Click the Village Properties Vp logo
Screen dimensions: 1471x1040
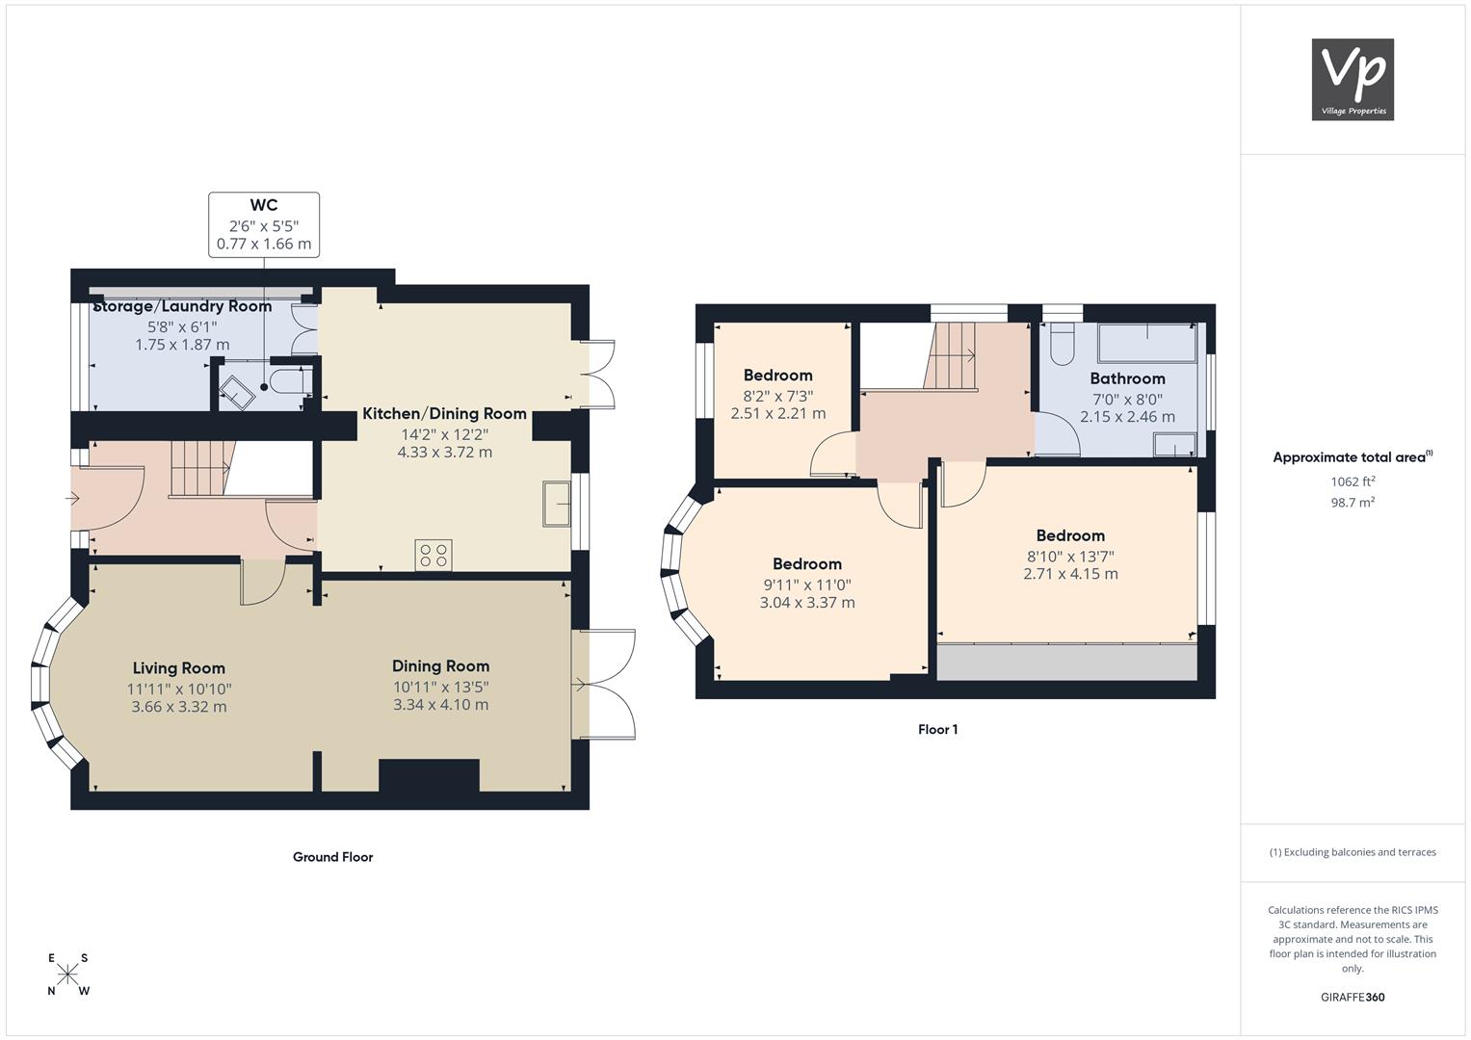coord(1353,79)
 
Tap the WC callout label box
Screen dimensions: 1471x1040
coord(264,224)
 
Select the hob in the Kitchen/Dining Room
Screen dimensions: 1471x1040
coord(433,554)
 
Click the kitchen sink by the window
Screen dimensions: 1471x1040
coord(556,504)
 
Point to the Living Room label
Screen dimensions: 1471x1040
coord(178,668)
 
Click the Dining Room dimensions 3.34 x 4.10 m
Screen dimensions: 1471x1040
coord(440,705)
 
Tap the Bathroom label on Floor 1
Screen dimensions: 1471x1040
coord(1127,378)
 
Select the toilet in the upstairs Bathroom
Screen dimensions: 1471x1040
coord(1062,344)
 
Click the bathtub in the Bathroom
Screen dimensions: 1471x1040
coord(1146,342)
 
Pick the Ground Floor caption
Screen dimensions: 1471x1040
coord(333,857)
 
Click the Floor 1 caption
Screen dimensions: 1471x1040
coord(937,730)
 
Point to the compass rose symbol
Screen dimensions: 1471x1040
coord(67,975)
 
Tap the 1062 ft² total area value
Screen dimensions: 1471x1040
coord(1353,481)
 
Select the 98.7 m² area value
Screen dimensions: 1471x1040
coord(1353,503)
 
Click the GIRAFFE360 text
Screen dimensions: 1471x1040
coord(1353,998)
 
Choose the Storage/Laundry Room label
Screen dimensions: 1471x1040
coord(183,306)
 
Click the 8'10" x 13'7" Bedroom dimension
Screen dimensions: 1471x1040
coord(1070,557)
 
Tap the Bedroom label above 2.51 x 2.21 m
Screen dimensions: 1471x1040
coord(778,376)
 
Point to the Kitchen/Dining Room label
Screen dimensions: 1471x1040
coord(445,414)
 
